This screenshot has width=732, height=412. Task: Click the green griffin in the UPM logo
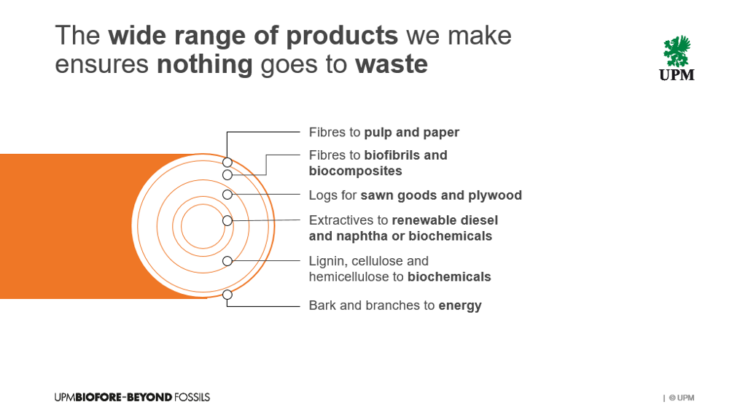coord(677,51)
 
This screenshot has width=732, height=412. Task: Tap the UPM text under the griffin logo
coord(677,74)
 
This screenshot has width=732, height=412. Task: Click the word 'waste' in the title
coord(392,64)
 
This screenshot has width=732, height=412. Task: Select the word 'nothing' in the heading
coord(204,65)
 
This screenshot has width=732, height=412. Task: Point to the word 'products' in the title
coord(342,36)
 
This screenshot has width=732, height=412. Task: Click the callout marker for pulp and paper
coord(227,162)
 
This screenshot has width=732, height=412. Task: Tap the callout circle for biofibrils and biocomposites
coord(227,175)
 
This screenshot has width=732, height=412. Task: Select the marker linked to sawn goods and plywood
coord(227,194)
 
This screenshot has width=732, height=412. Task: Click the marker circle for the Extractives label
coord(227,220)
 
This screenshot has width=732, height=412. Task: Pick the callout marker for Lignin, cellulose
coord(227,261)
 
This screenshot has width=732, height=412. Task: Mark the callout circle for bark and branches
coord(227,295)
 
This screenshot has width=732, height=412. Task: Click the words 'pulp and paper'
coord(412,133)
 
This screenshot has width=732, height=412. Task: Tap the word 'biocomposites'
coord(355,171)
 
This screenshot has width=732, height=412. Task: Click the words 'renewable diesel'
coord(445,220)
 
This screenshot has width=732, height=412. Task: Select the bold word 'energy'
coord(460,306)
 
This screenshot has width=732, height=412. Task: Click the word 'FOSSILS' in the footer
coord(192,397)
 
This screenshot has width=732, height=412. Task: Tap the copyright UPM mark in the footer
coord(682,398)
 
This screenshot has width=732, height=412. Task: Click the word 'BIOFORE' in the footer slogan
coord(98,397)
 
